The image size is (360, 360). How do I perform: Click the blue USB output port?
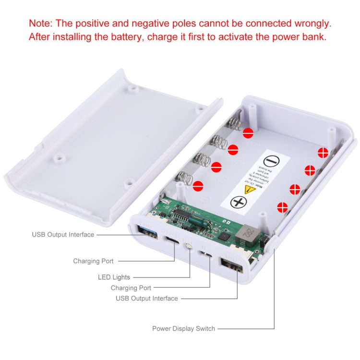point(144,228)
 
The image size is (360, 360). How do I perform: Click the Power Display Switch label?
point(183,329)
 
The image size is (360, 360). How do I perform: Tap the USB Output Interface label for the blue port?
point(63,235)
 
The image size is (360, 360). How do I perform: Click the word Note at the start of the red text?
point(40,23)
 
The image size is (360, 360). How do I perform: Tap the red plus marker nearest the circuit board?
point(283,207)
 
